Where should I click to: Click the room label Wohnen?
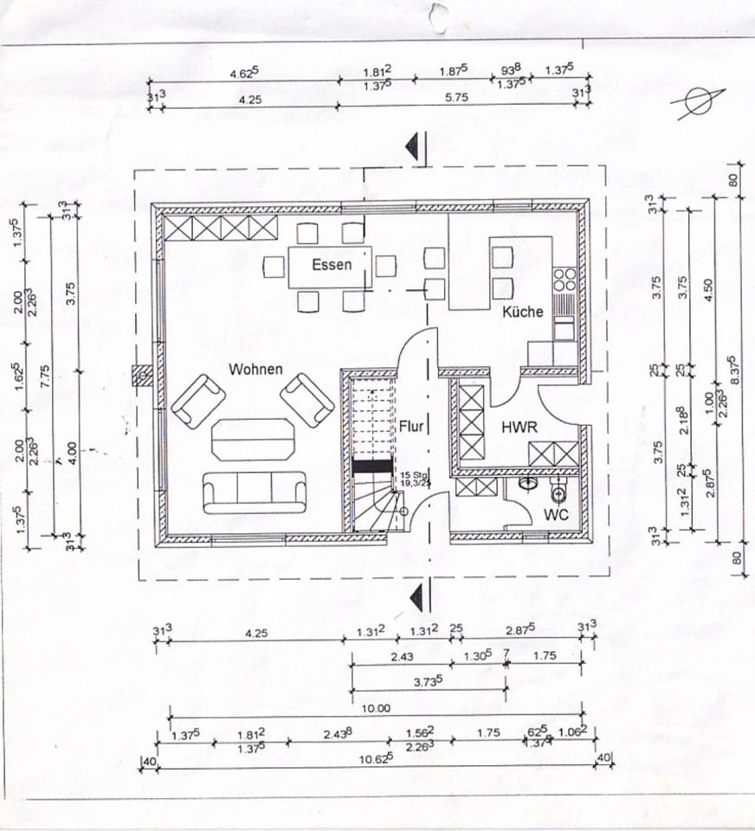[255, 370]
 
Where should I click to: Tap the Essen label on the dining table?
[332, 264]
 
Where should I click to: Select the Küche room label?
[523, 312]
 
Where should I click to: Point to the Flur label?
[410, 426]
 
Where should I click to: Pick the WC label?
[556, 514]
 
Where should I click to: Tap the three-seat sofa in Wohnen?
[255, 492]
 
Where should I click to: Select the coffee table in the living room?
[253, 440]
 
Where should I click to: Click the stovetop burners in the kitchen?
[565, 279]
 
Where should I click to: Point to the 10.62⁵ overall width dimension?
[375, 757]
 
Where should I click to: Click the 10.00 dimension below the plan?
[375, 708]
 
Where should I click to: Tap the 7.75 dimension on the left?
[46, 373]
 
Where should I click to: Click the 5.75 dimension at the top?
[455, 99]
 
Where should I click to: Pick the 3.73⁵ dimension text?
[428, 681]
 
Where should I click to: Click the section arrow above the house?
[417, 146]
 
